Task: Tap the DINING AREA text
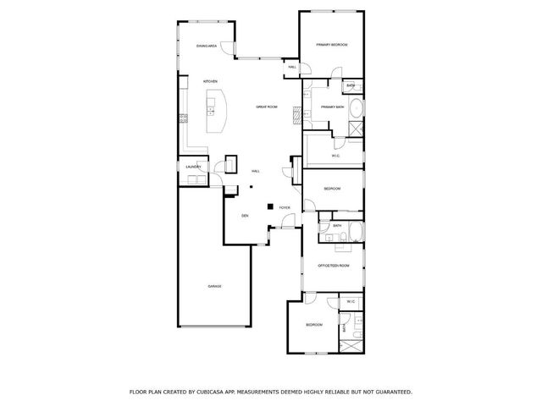(x=207, y=46)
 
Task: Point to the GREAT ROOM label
(x=268, y=107)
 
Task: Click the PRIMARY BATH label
(x=331, y=107)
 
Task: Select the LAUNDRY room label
(x=193, y=167)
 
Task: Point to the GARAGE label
(x=214, y=286)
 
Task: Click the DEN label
(x=245, y=216)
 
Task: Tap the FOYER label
(x=285, y=206)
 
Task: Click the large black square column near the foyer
(x=270, y=206)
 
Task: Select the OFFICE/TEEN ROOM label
(x=333, y=265)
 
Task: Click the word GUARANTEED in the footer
(x=391, y=392)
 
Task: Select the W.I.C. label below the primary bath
(x=335, y=156)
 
